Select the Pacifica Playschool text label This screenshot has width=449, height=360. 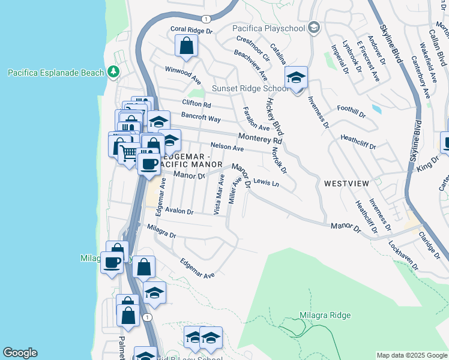(269, 28)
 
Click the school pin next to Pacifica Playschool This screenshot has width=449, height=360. (313, 28)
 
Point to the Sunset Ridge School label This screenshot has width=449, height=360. (251, 89)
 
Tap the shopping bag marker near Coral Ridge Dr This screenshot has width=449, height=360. (187, 46)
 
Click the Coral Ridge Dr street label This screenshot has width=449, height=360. (191, 29)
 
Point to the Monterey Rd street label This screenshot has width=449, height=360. (260, 138)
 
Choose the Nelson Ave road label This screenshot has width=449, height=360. (227, 147)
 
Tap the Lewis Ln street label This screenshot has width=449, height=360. (267, 181)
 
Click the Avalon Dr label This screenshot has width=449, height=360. (179, 211)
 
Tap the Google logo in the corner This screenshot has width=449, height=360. (20, 353)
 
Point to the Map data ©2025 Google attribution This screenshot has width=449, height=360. (411, 355)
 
